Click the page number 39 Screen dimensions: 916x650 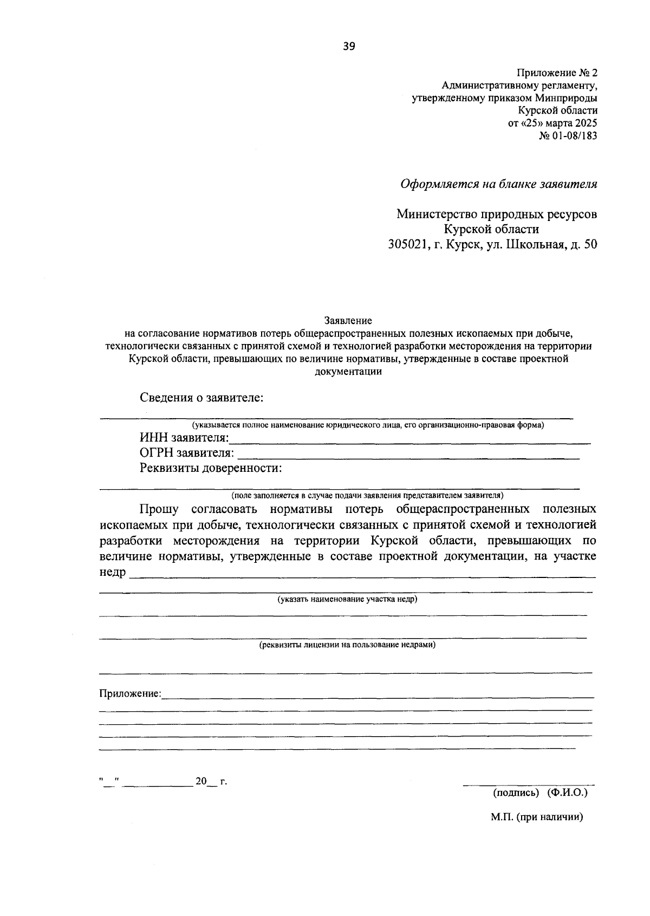(349, 47)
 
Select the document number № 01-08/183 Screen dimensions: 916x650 (568, 136)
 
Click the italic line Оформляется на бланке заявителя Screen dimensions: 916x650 (498, 184)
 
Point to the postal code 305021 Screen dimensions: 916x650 (406, 244)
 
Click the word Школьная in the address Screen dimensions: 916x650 (534, 244)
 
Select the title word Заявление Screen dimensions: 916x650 (348, 321)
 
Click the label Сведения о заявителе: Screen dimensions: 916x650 (201, 398)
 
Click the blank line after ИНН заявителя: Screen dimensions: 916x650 (409, 440)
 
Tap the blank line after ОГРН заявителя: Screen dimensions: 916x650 (409, 455)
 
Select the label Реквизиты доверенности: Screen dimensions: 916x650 (211, 467)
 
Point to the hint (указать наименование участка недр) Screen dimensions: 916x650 (347, 600)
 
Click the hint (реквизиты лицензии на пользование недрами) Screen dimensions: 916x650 (347, 645)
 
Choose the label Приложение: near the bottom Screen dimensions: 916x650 (130, 693)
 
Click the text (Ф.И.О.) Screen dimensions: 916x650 (567, 792)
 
